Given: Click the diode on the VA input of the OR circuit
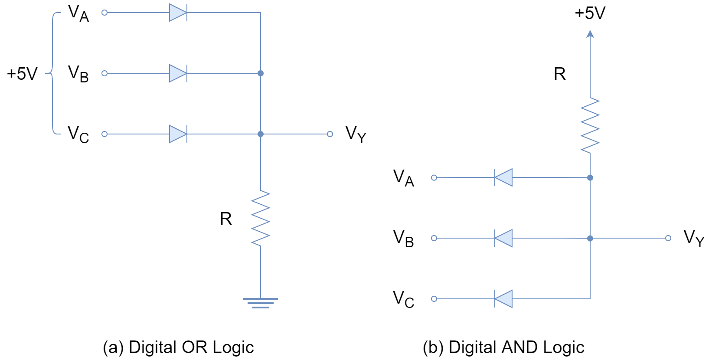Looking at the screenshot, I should click(178, 13).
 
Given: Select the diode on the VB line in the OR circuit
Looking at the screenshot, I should click(178, 74).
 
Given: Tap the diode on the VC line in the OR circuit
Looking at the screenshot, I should click(178, 134).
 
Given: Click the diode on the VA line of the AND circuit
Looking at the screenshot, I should click(503, 178).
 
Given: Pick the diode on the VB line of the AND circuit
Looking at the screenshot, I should click(503, 239).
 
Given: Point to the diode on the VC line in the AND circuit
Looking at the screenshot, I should click(503, 299).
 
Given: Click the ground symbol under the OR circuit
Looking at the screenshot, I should click(261, 303).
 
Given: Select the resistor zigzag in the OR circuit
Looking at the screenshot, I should click(261, 219).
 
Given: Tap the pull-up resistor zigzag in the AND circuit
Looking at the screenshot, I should click(590, 126).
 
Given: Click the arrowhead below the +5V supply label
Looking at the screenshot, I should click(590, 33).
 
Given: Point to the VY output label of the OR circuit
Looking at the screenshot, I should click(356, 134).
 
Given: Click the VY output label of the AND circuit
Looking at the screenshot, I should click(694, 238).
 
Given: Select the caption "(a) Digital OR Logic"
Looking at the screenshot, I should click(178, 347).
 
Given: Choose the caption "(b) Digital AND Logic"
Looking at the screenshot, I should click(503, 347).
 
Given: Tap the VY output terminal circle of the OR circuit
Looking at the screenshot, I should click(330, 134).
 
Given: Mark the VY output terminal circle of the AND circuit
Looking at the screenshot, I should click(668, 239).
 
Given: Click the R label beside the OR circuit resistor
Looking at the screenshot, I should click(226, 219).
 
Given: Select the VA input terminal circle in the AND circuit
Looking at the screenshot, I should click(434, 178).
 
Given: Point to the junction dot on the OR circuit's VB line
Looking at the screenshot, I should click(261, 74).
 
